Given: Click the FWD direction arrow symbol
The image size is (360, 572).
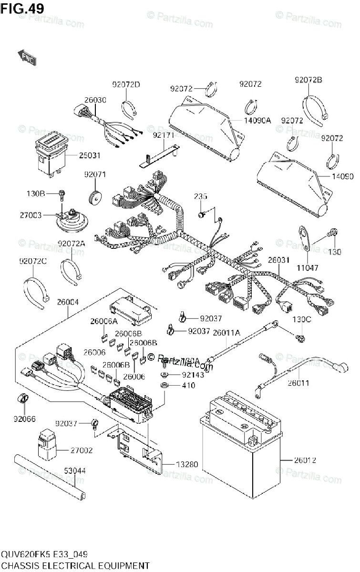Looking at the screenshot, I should (x=27, y=57).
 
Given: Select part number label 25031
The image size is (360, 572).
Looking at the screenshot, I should (x=89, y=156).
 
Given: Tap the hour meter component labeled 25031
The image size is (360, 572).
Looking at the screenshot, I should (x=49, y=153).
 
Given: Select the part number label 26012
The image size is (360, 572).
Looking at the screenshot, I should (x=305, y=460).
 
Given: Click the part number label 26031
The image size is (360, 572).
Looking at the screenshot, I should (x=279, y=260).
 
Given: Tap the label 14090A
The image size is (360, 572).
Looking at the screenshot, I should (x=257, y=121).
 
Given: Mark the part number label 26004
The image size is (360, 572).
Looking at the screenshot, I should (x=68, y=302).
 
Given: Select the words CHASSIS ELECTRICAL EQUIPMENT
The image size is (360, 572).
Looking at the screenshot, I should (x=75, y=566).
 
